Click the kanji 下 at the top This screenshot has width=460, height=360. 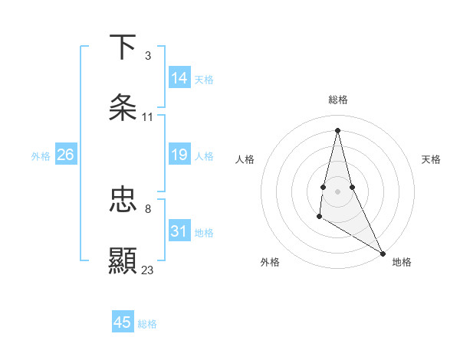[123, 47]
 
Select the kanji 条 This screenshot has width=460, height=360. [123, 107]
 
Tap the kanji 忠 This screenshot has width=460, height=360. [123, 201]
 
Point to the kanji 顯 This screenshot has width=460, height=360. [123, 260]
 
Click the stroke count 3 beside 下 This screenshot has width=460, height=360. [147, 56]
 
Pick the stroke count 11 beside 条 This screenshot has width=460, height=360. [147, 117]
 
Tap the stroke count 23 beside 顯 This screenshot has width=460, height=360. [147, 270]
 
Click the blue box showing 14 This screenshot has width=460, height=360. [179, 78]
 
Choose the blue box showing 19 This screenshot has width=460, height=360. [179, 155]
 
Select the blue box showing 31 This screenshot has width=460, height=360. [179, 231]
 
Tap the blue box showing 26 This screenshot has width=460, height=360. [65, 155]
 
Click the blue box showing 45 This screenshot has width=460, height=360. [123, 322]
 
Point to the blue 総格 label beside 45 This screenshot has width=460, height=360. [147, 324]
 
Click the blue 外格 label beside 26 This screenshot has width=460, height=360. [41, 156]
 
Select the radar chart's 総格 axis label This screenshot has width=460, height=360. [337, 100]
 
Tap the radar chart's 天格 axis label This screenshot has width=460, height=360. [431, 159]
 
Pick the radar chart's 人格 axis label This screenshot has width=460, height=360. [245, 159]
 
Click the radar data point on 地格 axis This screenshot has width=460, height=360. [383, 253]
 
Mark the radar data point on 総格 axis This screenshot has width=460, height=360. [337, 130]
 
